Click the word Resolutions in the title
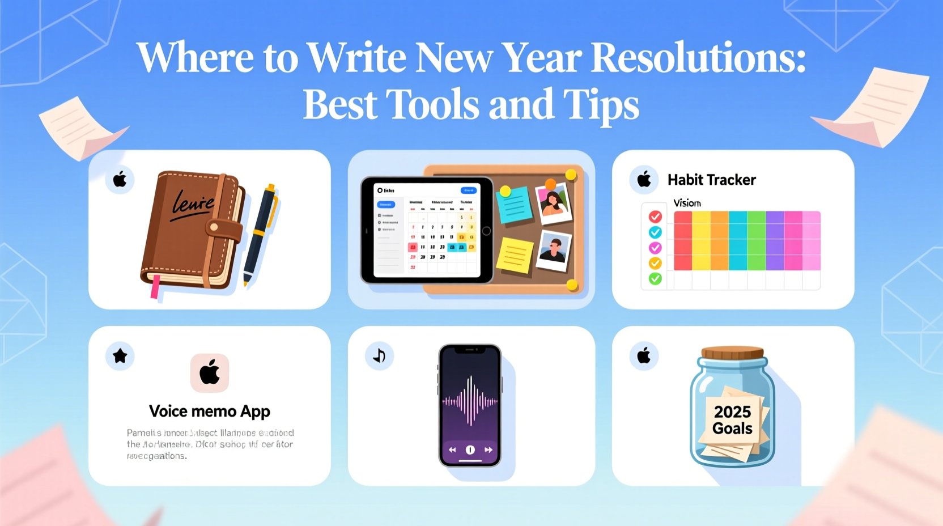(x=698, y=58)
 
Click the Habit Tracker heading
(x=711, y=180)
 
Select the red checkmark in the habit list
(x=655, y=217)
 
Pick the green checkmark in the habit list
(x=655, y=278)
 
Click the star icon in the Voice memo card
(x=120, y=356)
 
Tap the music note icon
(x=379, y=356)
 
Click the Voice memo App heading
(x=209, y=411)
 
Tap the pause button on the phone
(x=470, y=449)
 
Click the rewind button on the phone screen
(x=452, y=449)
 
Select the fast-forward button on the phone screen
(x=488, y=449)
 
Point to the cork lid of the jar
(x=732, y=353)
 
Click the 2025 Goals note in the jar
(x=732, y=419)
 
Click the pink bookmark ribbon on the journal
(x=155, y=286)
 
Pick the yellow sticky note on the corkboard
(x=515, y=256)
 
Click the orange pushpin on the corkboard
(x=550, y=184)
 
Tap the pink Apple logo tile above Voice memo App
(x=210, y=373)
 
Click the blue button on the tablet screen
(x=468, y=190)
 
